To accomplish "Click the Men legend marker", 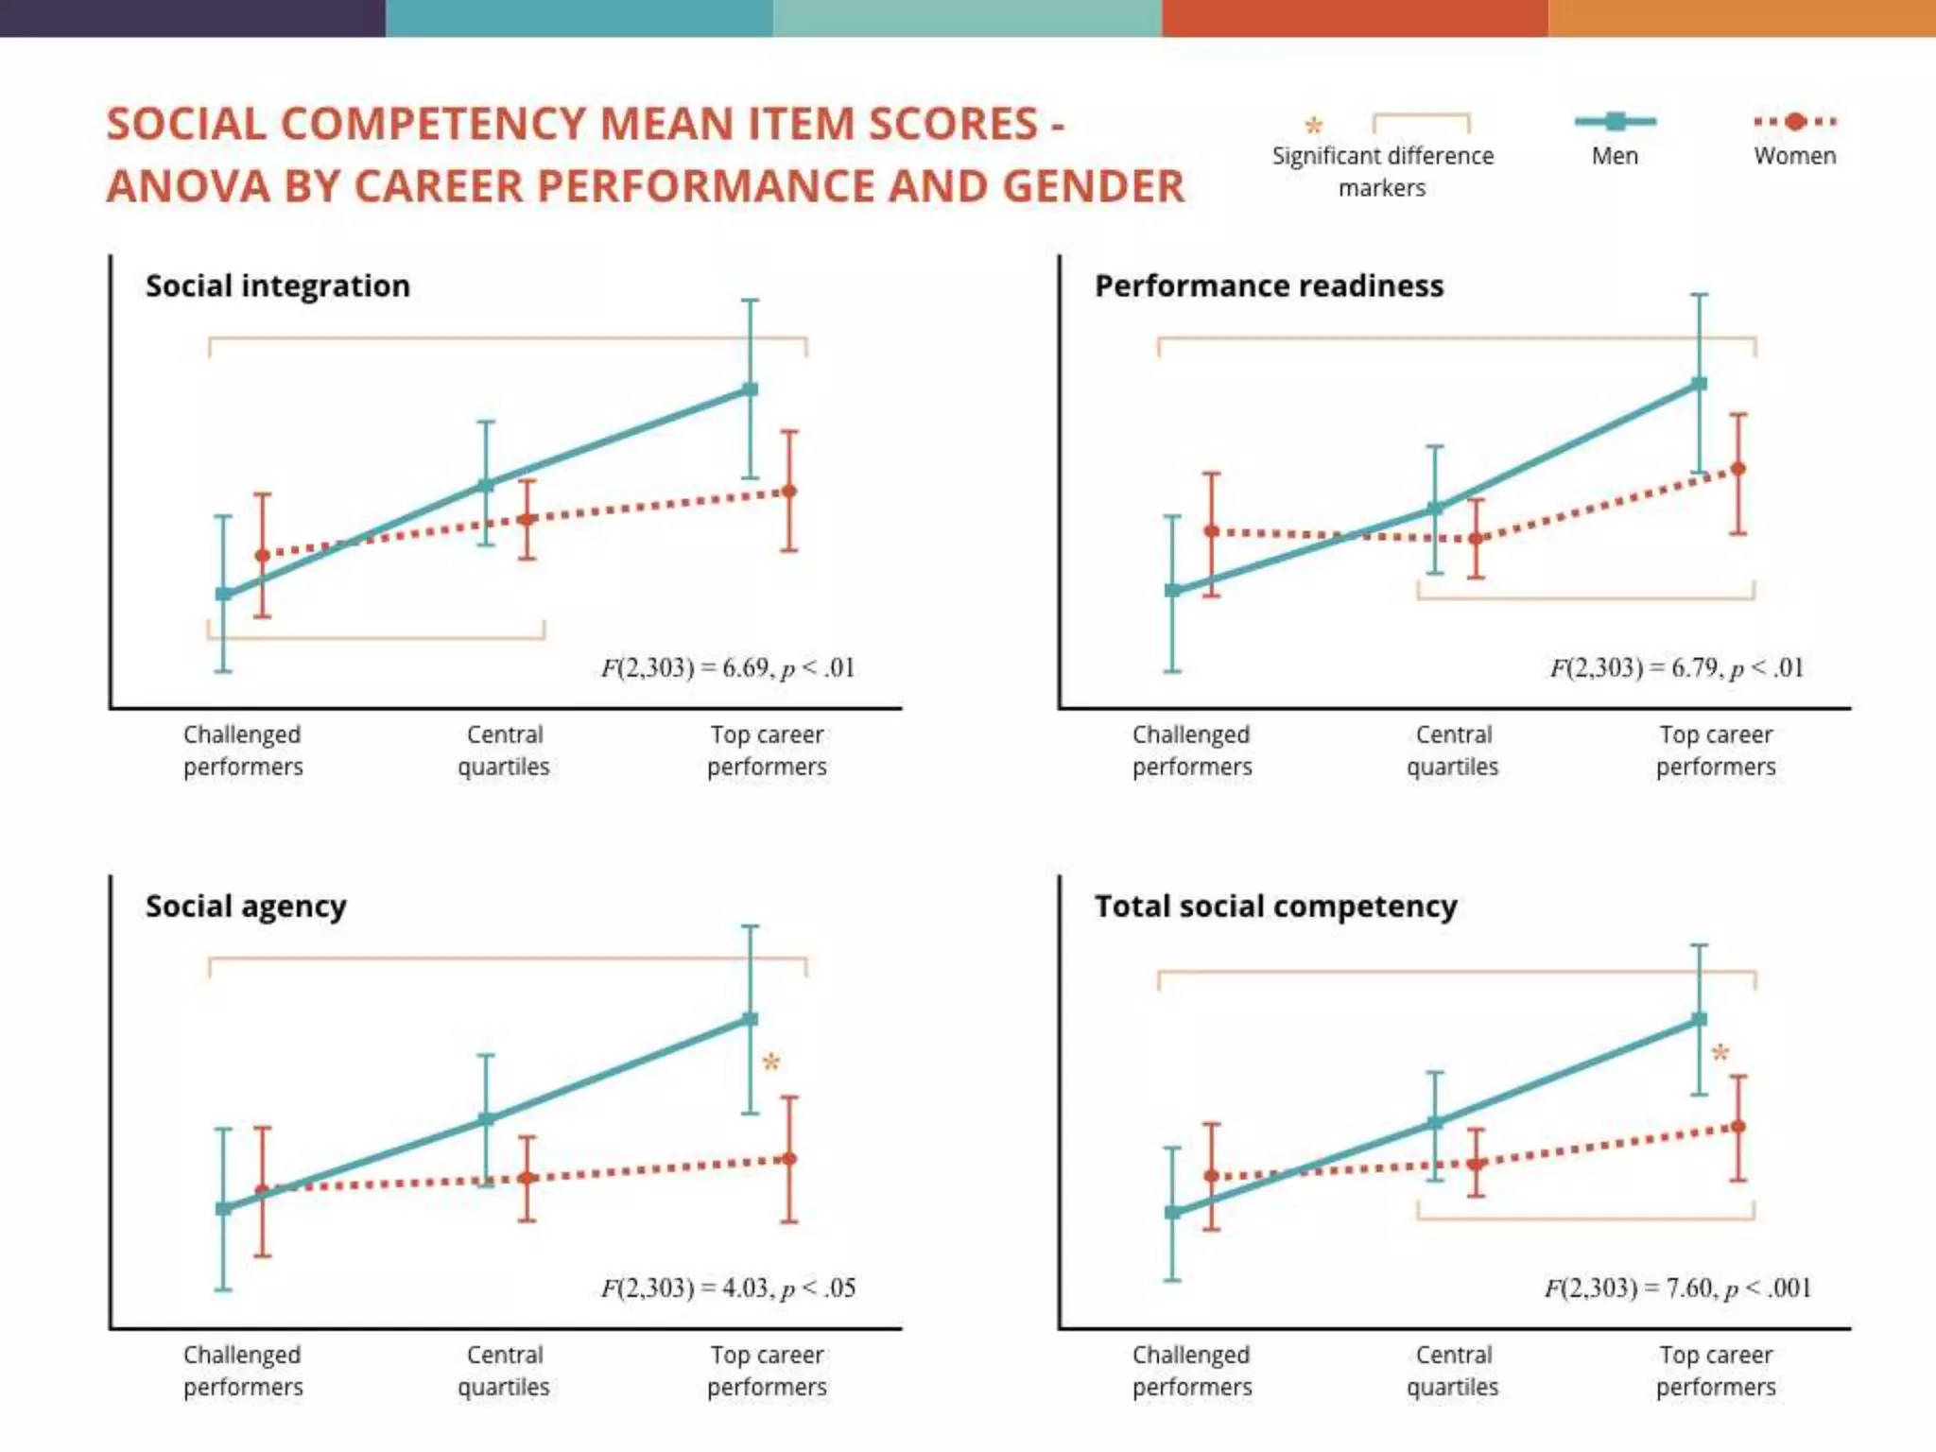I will [1615, 121].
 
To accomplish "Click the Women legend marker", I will [1795, 121].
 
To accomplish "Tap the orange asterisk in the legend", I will [1313, 125].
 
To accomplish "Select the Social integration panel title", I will [278, 285].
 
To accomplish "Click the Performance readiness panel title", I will [1269, 285].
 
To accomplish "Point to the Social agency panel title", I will [246, 906].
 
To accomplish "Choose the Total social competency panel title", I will [1275, 906].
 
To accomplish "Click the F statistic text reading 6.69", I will [728, 668].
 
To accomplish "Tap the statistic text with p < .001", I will [1678, 1288].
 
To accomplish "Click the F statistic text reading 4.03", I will [728, 1288].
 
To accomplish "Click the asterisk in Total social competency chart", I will [1720, 1053].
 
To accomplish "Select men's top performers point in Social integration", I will [750, 389].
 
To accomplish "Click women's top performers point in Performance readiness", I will [1737, 469].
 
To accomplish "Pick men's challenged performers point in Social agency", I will [223, 1209].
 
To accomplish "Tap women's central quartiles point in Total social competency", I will [1476, 1164].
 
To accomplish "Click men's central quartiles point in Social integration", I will [485, 486].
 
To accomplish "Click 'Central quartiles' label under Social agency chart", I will [504, 1371].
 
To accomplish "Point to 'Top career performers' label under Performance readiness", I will [1716, 751].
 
